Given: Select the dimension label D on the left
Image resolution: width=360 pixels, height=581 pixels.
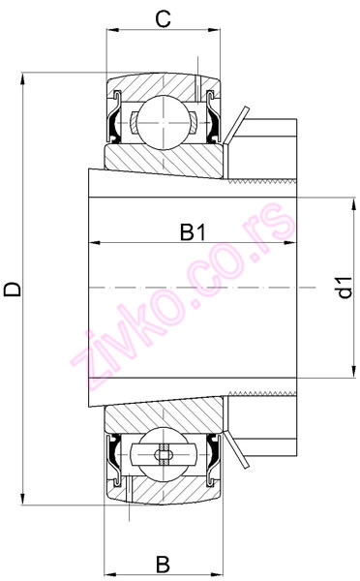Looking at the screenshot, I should (13, 290).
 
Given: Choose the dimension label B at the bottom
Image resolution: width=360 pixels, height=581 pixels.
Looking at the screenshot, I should (164, 563).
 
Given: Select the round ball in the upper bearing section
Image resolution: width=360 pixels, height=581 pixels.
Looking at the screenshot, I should (162, 121).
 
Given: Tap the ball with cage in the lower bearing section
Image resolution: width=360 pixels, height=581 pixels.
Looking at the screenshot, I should (162, 455).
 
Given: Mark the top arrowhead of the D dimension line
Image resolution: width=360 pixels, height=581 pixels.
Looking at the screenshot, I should (23, 77).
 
